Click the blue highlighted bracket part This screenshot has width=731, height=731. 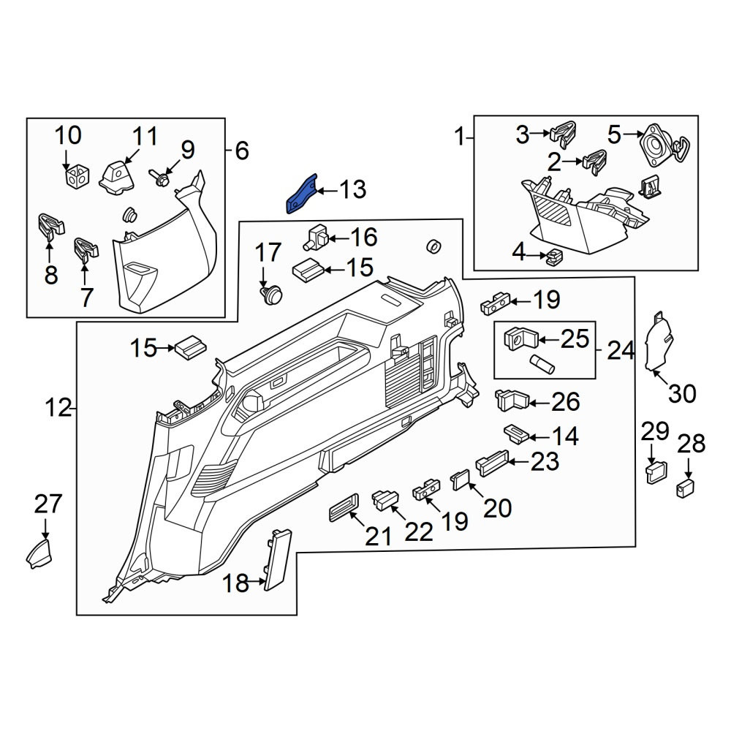click(301, 194)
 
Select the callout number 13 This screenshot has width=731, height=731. click(352, 190)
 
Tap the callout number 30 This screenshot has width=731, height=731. click(682, 393)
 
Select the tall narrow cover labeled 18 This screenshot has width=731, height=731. click(278, 560)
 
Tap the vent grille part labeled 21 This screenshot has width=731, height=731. click(344, 507)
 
